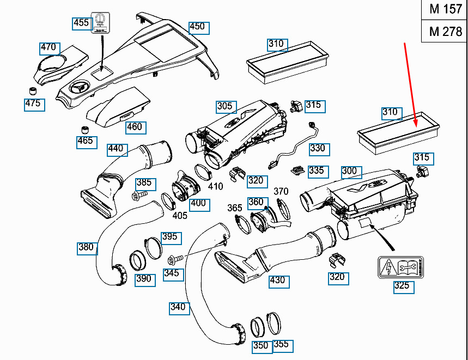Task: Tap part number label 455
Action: coord(81,22)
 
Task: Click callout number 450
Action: coord(197,27)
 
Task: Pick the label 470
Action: coord(48,48)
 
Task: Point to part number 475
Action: coord(34,103)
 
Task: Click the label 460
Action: coord(134,127)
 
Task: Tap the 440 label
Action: coord(116,149)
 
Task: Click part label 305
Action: coord(224,107)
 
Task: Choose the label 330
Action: coord(317,148)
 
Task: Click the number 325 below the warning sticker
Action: coord(402,287)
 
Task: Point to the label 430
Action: coord(277,280)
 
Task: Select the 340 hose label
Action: coord(178,307)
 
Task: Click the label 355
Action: coord(281,345)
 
